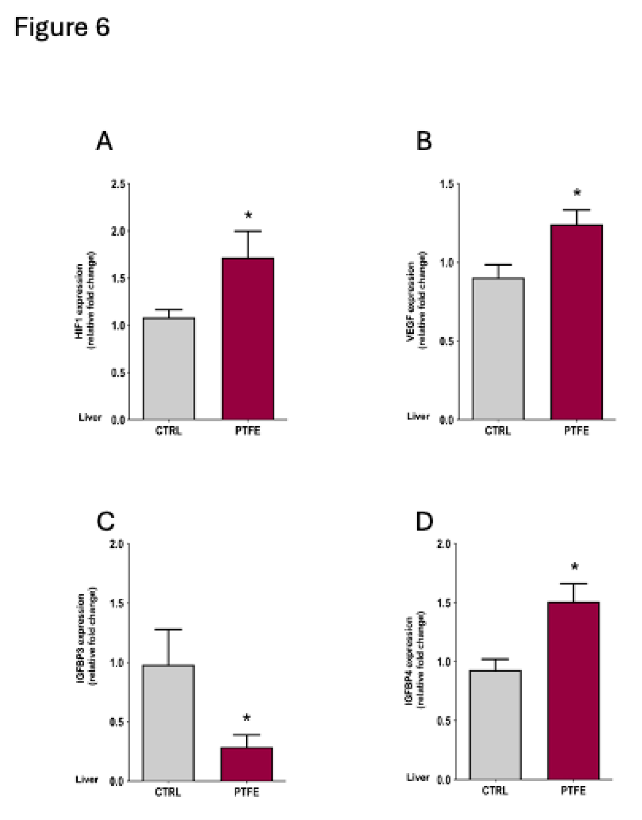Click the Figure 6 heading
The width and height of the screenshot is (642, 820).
pyautogui.click(x=62, y=27)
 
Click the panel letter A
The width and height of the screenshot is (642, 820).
pyautogui.click(x=104, y=142)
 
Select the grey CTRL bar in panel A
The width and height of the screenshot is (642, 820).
pyautogui.click(x=169, y=368)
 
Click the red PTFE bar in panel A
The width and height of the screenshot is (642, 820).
pyautogui.click(x=248, y=339)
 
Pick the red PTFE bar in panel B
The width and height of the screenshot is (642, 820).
pyautogui.click(x=576, y=322)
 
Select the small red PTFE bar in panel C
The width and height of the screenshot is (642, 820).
pyautogui.click(x=247, y=764)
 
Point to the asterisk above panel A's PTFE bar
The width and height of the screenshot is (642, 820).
pyautogui.click(x=248, y=215)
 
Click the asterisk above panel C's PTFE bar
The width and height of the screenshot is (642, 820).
pyautogui.click(x=247, y=718)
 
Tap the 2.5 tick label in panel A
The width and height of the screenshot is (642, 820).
pyautogui.click(x=118, y=185)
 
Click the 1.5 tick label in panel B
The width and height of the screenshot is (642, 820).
pyautogui.click(x=447, y=185)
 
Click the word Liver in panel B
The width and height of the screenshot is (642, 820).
pyautogui.click(x=418, y=416)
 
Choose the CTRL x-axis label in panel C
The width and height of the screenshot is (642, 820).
pyautogui.click(x=168, y=792)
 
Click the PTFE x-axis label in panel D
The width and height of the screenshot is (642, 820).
pyautogui.click(x=573, y=791)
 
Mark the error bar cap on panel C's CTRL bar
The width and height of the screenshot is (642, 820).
pyautogui.click(x=168, y=630)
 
